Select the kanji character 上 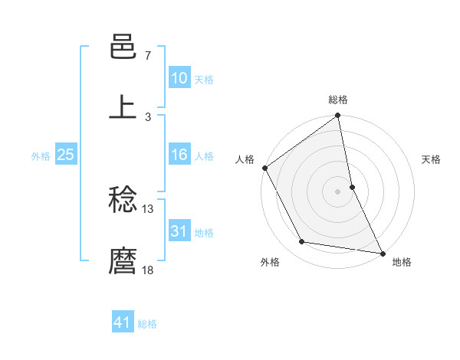pyautogui.click(x=123, y=107)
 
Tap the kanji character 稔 pyautogui.click(x=123, y=201)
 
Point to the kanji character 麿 pyautogui.click(x=123, y=260)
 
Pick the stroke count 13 pyautogui.click(x=148, y=208)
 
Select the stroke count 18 pyautogui.click(x=148, y=269)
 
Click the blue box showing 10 pyautogui.click(x=179, y=78)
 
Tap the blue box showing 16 pyautogui.click(x=179, y=155)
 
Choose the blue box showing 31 pyautogui.click(x=179, y=231)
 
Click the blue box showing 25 pyautogui.click(x=66, y=155)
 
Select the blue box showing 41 pyautogui.click(x=123, y=323)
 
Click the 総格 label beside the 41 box pyautogui.click(x=147, y=325)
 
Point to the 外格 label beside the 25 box pyautogui.click(x=41, y=156)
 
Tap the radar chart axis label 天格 pyautogui.click(x=432, y=160)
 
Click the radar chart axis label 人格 pyautogui.click(x=245, y=160)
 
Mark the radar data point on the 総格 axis pyautogui.click(x=337, y=116)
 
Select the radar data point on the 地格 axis pyautogui.click(x=382, y=252)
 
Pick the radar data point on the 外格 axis pyautogui.click(x=302, y=242)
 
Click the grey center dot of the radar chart pyautogui.click(x=337, y=191)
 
